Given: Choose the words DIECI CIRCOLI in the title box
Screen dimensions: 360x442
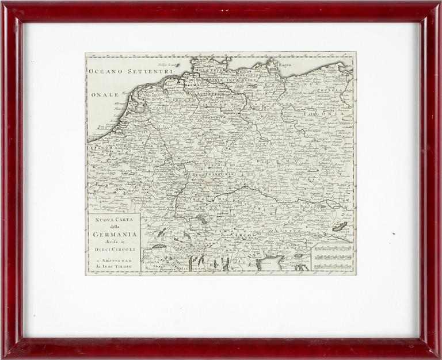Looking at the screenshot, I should pos(113,249).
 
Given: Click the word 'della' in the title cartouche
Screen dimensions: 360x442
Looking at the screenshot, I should pos(113,227).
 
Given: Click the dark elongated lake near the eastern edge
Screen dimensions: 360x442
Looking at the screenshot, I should pos(339,226).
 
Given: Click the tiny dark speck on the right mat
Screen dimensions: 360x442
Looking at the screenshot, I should pos(394,234).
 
